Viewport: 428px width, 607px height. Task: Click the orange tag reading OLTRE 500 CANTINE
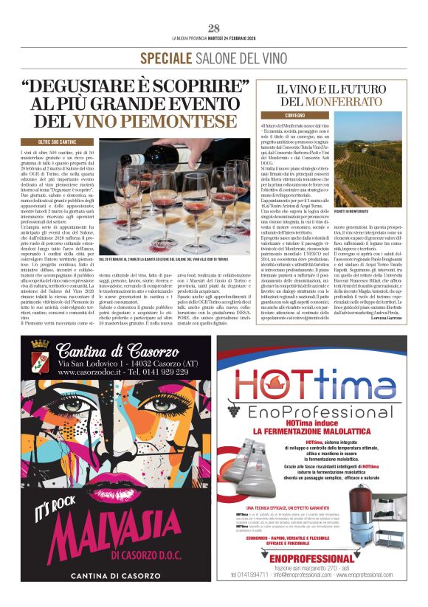coord(58,141)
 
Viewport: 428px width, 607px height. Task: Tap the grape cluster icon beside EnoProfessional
coord(235,410)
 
